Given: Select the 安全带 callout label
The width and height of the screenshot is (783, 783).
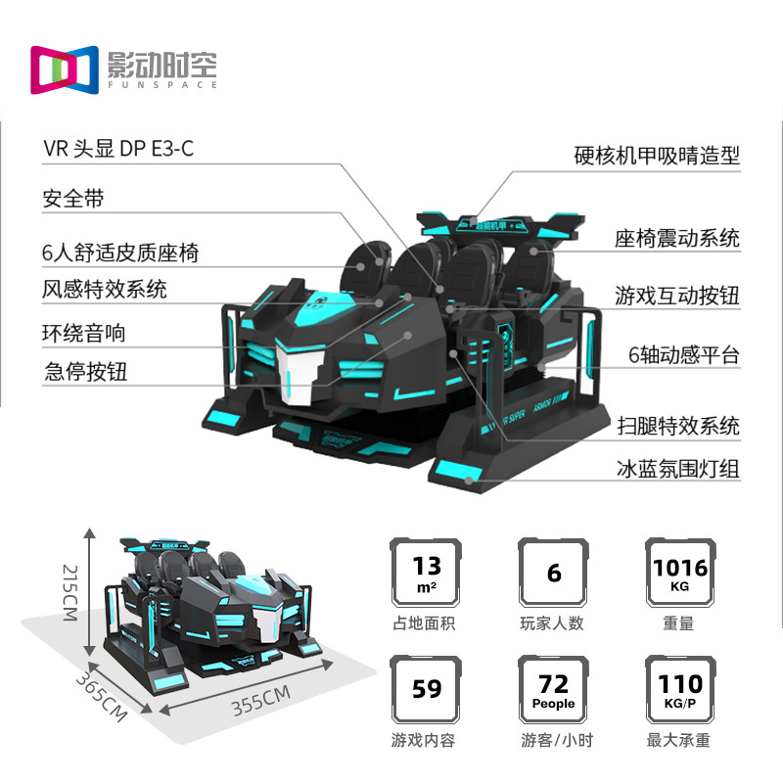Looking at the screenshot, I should click(x=72, y=200).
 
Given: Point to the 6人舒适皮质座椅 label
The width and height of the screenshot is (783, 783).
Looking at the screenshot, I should click(x=120, y=253).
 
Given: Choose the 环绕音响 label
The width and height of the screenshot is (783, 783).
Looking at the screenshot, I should click(x=84, y=333).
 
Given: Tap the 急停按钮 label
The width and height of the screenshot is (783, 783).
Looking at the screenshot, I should click(x=84, y=372).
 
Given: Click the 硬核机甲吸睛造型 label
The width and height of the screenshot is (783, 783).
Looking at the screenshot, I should click(x=657, y=155).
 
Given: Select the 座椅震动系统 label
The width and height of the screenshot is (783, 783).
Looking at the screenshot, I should click(x=677, y=238).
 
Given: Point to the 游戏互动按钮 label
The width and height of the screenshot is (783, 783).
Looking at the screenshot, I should click(x=677, y=296).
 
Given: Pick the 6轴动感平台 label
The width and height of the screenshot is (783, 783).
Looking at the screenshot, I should click(x=683, y=354).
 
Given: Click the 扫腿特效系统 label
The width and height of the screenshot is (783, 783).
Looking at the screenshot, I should click(x=677, y=427).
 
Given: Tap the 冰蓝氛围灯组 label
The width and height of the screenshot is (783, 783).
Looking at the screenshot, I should click(x=677, y=470).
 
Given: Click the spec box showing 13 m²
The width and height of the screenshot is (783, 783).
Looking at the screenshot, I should click(x=427, y=572).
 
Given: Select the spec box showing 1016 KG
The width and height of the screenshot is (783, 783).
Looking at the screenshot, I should click(x=679, y=572).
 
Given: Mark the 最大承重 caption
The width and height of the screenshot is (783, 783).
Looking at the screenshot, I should click(x=679, y=741).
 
